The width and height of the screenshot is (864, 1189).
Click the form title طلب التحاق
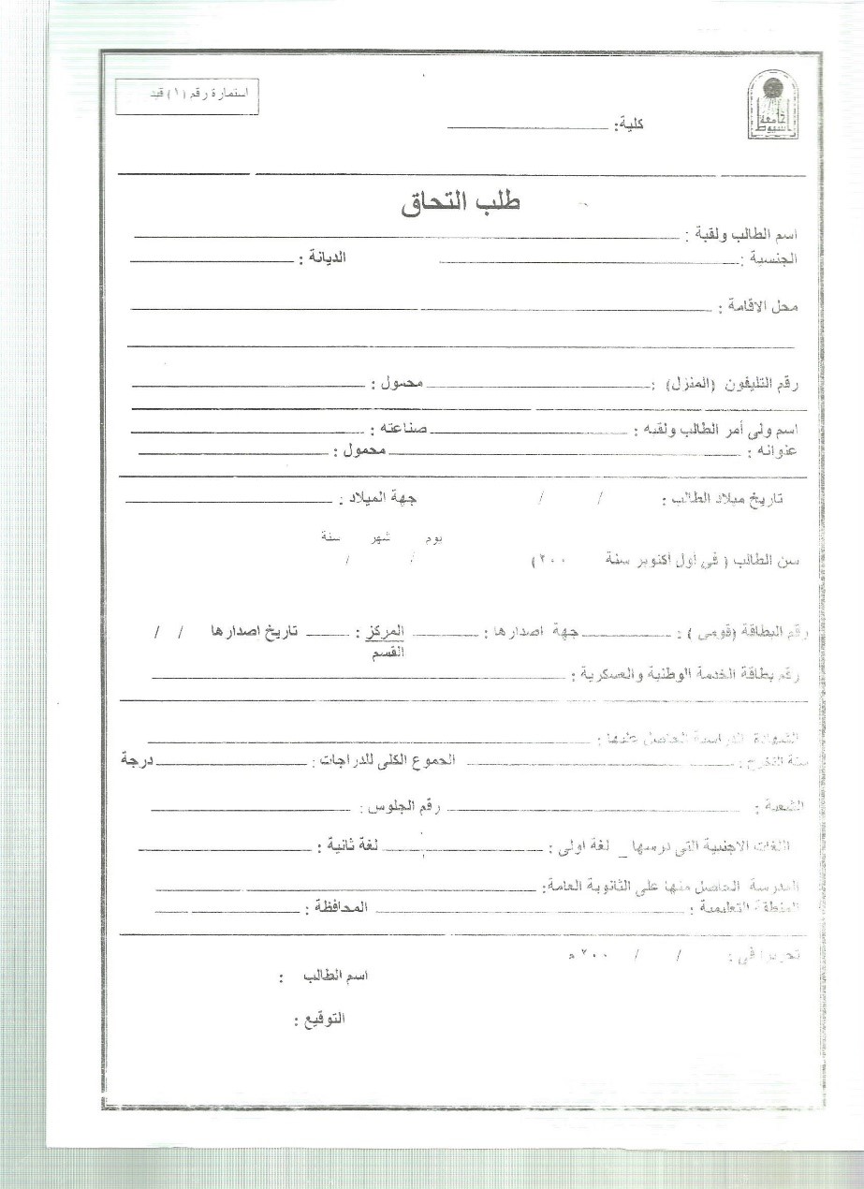460,205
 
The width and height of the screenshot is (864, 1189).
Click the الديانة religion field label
322,257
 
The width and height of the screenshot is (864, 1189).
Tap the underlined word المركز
381,634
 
